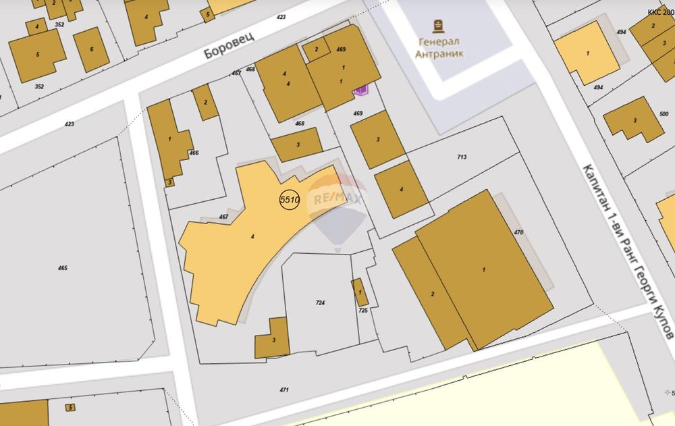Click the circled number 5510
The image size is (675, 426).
click(289, 199)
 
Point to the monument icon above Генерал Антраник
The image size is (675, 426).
click(440, 26)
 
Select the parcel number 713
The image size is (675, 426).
click(462, 157)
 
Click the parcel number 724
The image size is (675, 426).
click(320, 303)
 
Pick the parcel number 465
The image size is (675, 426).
click(63, 268)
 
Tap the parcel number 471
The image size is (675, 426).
click(284, 390)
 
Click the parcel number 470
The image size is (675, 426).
click(518, 232)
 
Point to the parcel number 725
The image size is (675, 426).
click(363, 310)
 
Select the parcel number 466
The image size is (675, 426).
click(194, 153)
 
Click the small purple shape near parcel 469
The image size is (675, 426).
click(362, 90)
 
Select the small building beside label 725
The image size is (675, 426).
click(360, 292)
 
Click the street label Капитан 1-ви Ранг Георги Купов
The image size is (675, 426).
click(628, 250)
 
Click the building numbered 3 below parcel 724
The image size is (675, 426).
click(273, 339)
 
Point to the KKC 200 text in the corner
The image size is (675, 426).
click(661, 12)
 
